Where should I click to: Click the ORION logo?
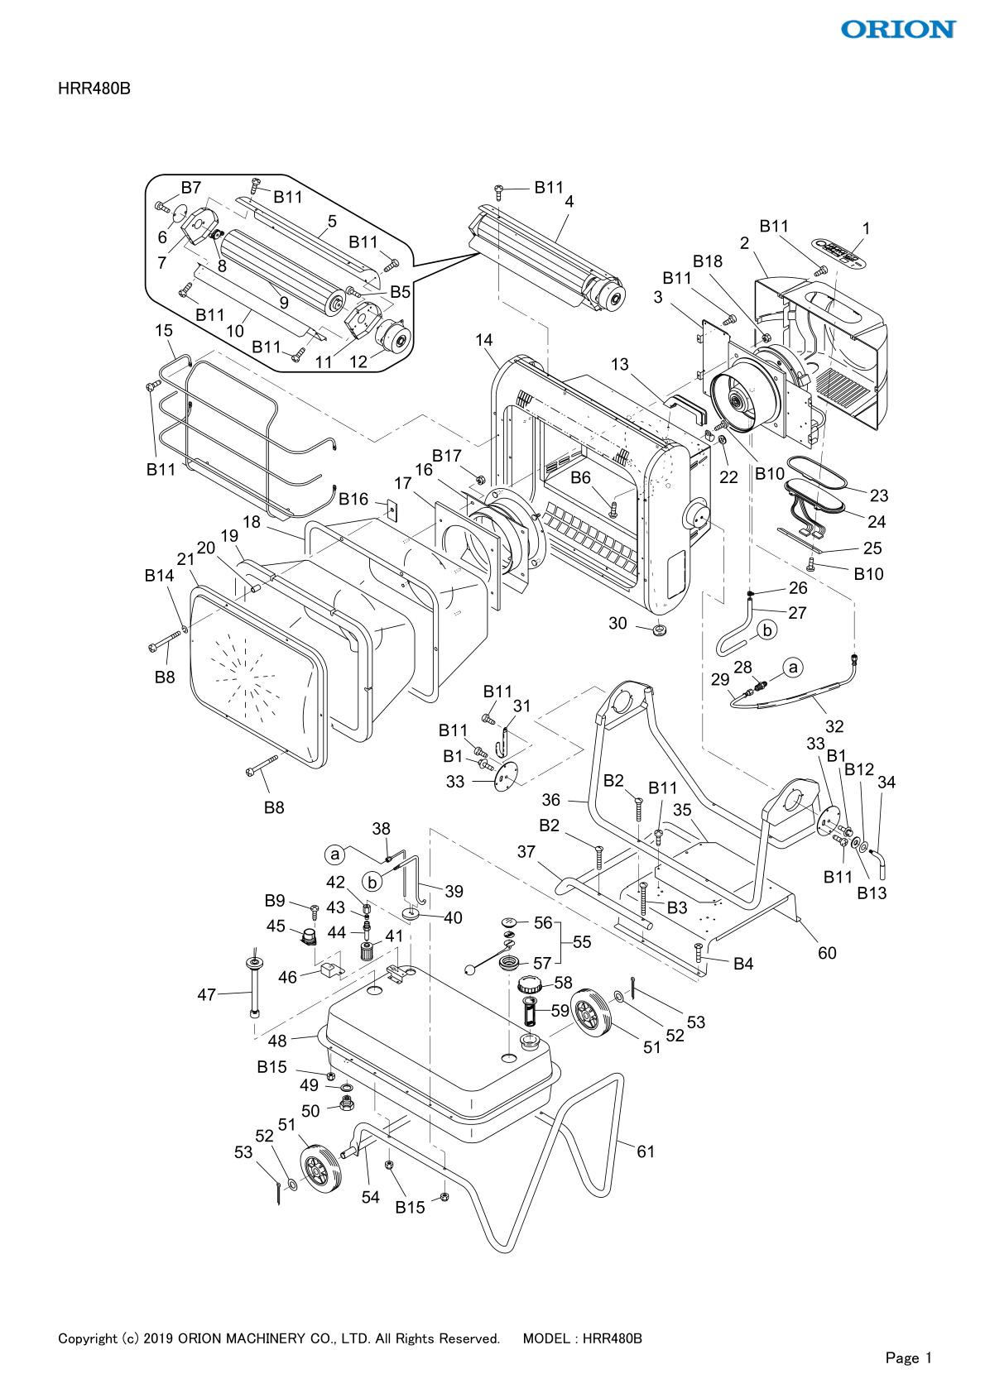898,29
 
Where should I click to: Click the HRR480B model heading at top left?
94,89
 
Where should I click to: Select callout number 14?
483,340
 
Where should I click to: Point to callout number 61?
646,1151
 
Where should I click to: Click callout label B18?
708,261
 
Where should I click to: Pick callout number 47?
207,995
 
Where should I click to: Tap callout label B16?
353,500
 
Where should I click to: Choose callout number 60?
827,953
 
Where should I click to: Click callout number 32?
834,726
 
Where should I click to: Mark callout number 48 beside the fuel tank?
277,1041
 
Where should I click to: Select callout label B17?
447,456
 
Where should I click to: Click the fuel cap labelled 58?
530,984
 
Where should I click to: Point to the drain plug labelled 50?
347,1104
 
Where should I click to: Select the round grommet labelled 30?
660,630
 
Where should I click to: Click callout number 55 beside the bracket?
582,942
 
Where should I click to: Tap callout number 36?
550,800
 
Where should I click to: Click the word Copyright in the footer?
88,1338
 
